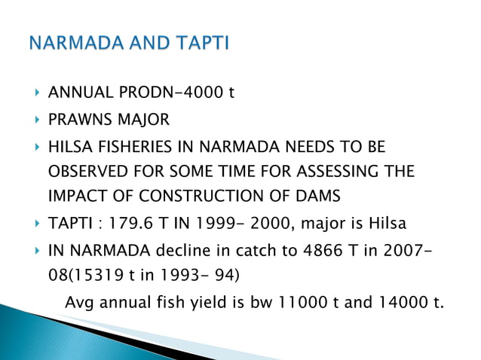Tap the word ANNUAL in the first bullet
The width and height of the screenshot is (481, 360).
point(78,93)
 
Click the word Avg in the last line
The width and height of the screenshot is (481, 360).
point(80,304)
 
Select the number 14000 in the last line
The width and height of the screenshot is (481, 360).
point(389,304)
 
